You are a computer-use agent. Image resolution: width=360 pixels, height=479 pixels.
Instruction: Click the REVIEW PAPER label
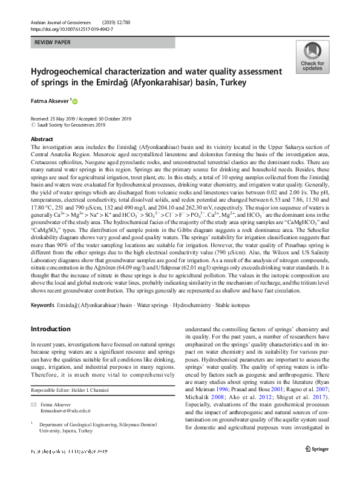[x=53, y=43]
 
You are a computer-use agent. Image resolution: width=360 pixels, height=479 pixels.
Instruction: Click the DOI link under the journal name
[x=71, y=28]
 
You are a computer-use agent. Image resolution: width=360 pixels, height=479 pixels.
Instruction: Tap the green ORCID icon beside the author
[x=76, y=101]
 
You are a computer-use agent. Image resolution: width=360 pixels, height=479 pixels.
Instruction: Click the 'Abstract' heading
[x=42, y=139]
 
